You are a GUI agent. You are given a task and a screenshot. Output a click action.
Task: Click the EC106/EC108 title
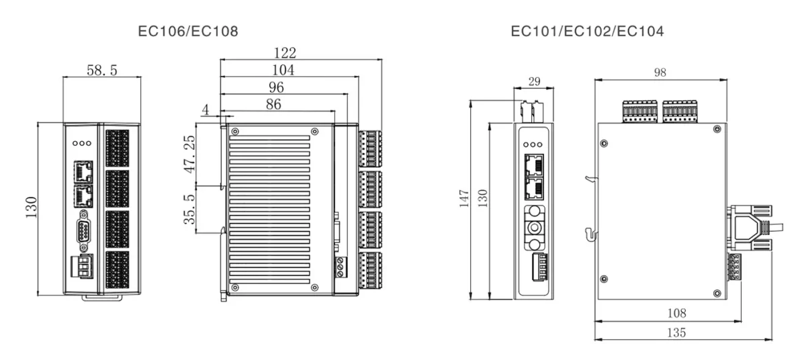[x=188, y=32]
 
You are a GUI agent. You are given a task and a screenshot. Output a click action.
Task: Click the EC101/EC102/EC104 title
[x=587, y=32]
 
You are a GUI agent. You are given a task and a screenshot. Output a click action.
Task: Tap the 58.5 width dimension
[x=102, y=70]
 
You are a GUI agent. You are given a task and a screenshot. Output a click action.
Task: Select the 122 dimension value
[x=285, y=53]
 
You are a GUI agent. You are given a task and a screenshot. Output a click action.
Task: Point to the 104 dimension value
[x=283, y=70]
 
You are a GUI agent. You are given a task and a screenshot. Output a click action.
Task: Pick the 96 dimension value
[x=276, y=87]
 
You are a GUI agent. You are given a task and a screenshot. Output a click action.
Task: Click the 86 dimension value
[x=273, y=104]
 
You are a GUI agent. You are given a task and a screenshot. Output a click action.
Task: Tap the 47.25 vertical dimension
[x=189, y=154]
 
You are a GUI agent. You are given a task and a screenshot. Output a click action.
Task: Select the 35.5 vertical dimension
[x=189, y=210]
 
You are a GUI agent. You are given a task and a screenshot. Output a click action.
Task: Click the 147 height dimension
[x=464, y=199]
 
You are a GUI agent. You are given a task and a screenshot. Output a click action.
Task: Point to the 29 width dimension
[x=535, y=82]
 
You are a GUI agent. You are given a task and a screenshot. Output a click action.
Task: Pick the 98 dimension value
[x=660, y=73]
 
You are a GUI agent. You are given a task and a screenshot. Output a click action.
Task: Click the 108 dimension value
[x=677, y=313]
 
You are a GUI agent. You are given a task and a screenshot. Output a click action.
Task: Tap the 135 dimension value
[x=676, y=332]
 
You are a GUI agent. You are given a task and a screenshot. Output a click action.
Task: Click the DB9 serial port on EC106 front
[x=83, y=230]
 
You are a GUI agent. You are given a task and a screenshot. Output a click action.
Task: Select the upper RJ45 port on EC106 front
[x=83, y=172]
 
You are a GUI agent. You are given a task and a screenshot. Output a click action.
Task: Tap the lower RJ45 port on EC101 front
[x=535, y=189]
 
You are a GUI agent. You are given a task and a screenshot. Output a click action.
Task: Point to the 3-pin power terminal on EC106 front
[x=82, y=267]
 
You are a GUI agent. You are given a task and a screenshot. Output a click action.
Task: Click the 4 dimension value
[x=206, y=109]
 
